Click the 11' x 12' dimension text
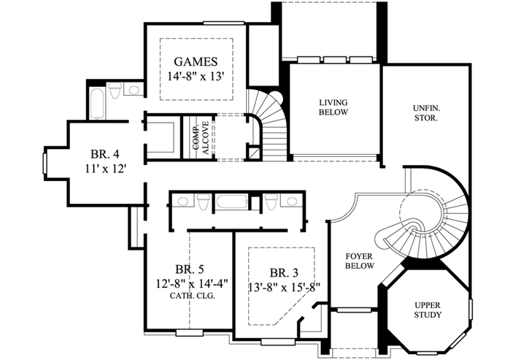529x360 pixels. click(x=105, y=169)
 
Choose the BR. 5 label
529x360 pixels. click(x=189, y=268)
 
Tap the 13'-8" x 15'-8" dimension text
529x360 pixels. click(x=285, y=286)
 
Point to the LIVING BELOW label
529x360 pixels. click(x=333, y=107)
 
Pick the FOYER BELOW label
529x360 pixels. click(x=360, y=261)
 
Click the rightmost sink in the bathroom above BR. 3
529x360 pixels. click(x=292, y=201)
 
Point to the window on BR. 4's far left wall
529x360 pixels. click(x=45, y=161)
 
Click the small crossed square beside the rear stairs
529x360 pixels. click(x=252, y=153)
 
